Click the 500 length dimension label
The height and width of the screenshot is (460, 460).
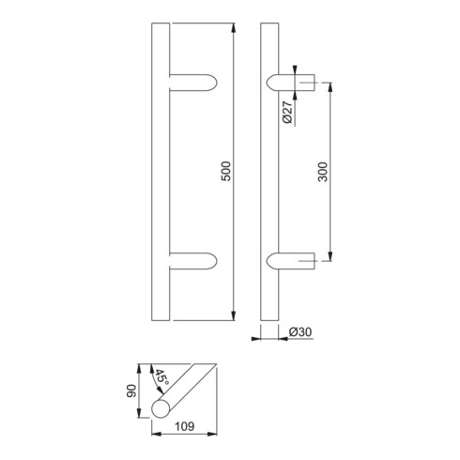click(225, 171)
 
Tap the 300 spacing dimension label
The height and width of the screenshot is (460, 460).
click(323, 172)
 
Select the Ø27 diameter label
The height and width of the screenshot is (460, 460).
click(287, 112)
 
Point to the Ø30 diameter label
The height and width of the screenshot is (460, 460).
click(300, 332)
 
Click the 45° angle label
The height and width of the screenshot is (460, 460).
click(162, 377)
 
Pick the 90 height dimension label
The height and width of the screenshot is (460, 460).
click(131, 391)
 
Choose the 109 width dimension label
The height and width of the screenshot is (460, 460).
click(185, 426)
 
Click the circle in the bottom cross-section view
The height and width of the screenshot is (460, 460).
click(161, 409)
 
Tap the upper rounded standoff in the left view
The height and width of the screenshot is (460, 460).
click(193, 83)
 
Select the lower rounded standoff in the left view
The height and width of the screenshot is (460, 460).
click(193, 261)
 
